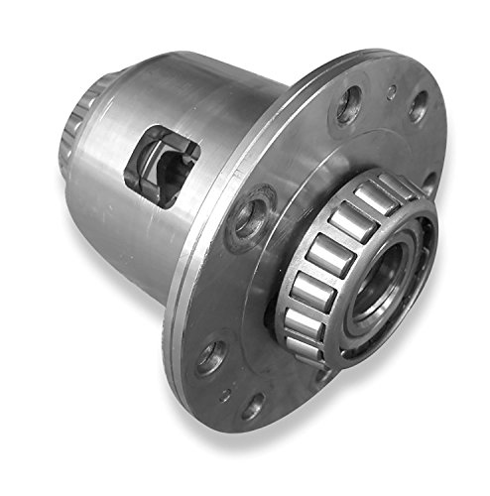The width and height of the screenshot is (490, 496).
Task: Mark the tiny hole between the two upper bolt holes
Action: coord(393,94)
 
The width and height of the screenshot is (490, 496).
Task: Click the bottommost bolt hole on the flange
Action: coord(254,406)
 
